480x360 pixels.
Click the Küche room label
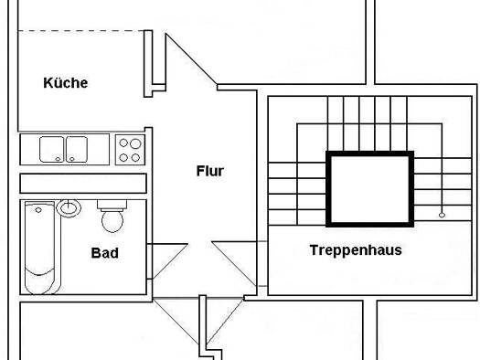(x=66, y=82)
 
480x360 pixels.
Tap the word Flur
(x=210, y=171)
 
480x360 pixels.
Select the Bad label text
(x=105, y=253)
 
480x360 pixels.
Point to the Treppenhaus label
(x=356, y=250)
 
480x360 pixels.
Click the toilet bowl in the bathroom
(x=112, y=220)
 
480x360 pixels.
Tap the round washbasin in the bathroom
(x=69, y=208)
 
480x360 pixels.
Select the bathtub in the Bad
(x=42, y=248)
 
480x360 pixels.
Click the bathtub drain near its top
(x=38, y=210)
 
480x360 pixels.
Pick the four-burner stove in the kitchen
(x=130, y=150)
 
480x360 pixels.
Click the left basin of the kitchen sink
(x=52, y=149)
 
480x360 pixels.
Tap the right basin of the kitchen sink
(x=77, y=149)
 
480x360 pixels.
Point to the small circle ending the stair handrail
(x=442, y=215)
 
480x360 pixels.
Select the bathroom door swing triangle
(x=167, y=261)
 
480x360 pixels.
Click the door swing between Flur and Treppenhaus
(x=234, y=264)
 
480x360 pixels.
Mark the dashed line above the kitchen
(x=81, y=30)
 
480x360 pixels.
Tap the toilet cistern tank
(x=112, y=205)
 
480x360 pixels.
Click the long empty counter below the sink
(x=83, y=184)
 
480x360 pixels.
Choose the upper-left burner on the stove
(x=123, y=143)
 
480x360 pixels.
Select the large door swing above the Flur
(x=191, y=59)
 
